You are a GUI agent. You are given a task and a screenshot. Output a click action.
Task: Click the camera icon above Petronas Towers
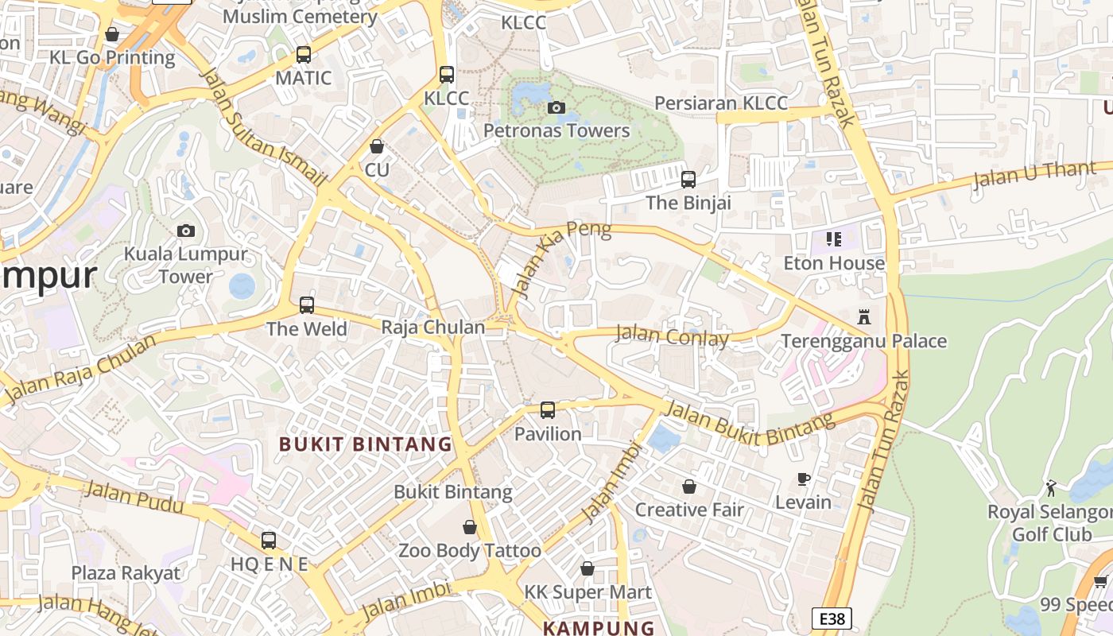(556, 107)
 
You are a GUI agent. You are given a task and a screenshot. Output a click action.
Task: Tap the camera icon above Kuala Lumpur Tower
(186, 231)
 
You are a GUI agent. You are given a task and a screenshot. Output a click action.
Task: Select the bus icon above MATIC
(303, 55)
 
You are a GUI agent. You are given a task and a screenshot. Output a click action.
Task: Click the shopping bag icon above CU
(377, 147)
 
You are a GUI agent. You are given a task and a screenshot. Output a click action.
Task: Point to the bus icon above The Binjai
(688, 180)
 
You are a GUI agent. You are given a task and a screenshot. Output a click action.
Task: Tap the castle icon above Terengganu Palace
(864, 317)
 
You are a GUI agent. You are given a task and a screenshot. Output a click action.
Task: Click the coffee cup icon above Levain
(804, 479)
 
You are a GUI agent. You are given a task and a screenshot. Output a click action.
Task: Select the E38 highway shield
(832, 619)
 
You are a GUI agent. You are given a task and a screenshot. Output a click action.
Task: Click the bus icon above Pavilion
(548, 410)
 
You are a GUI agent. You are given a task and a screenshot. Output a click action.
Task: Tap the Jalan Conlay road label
(672, 336)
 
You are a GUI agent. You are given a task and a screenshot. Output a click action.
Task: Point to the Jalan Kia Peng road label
(562, 259)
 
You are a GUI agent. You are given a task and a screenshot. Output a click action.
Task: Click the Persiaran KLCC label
(720, 103)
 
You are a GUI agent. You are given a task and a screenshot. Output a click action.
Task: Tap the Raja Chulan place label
(433, 328)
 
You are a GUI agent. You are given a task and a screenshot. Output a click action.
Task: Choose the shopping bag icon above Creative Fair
(689, 487)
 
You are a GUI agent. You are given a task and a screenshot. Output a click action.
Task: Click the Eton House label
(834, 263)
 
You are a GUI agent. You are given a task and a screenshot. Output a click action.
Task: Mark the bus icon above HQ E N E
(269, 541)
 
